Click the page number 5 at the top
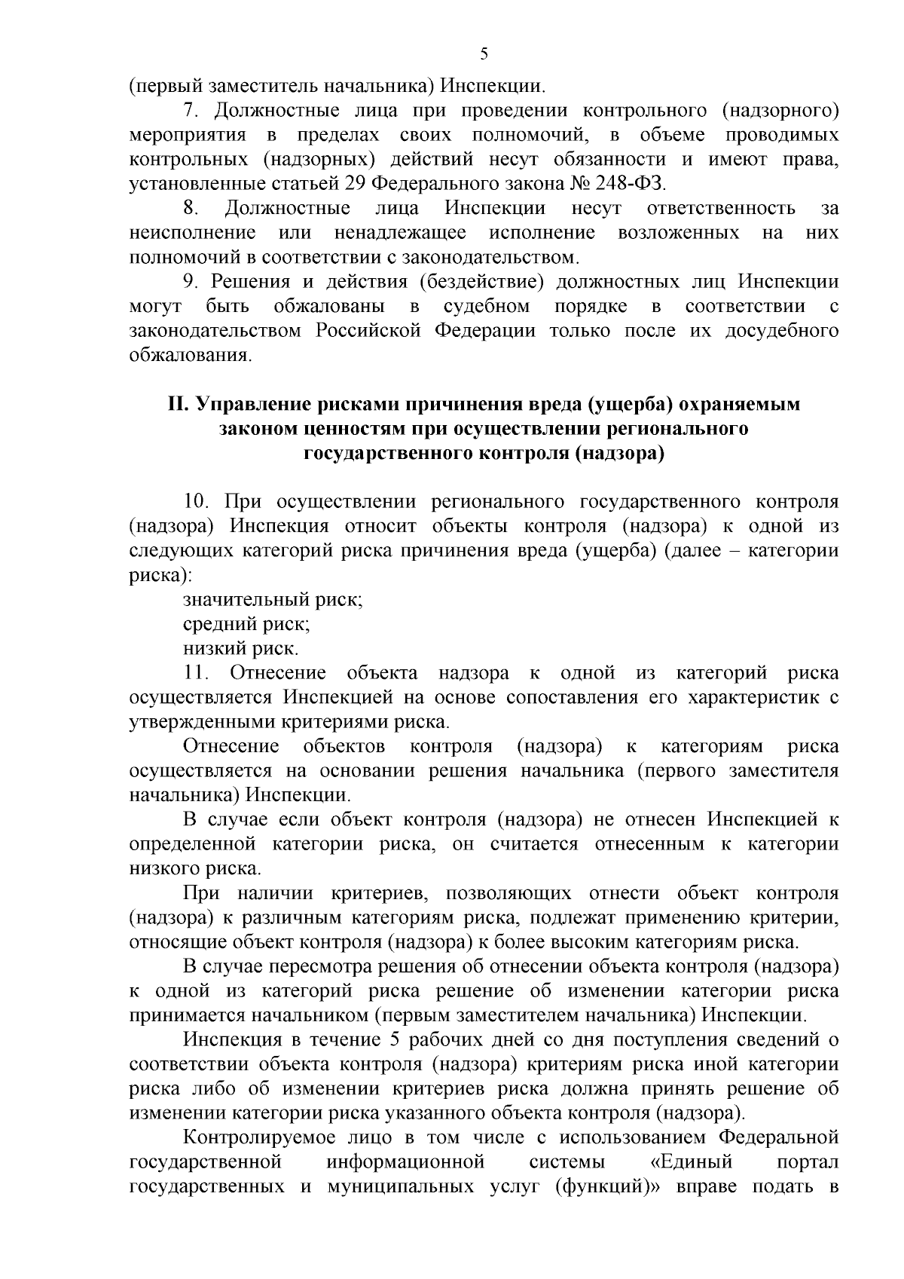click(x=484, y=53)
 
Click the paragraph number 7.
click(x=191, y=111)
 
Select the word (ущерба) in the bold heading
click(x=630, y=405)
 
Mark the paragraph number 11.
click(x=195, y=673)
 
